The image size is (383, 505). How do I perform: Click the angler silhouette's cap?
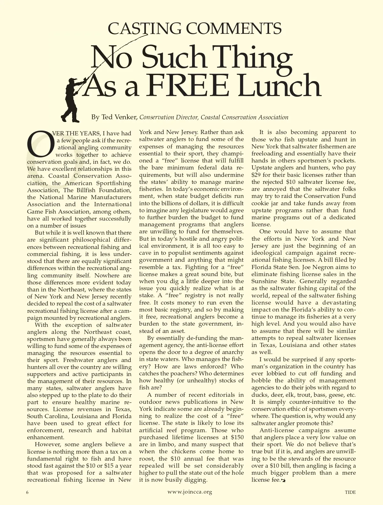tap(73, 80)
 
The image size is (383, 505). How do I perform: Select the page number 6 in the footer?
tap(27, 492)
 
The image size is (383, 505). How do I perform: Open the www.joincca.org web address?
tap(190, 492)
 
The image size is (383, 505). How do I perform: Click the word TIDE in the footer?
tap(350, 492)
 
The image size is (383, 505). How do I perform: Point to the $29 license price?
tap(256, 175)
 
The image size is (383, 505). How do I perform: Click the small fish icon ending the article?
tap(283, 480)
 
